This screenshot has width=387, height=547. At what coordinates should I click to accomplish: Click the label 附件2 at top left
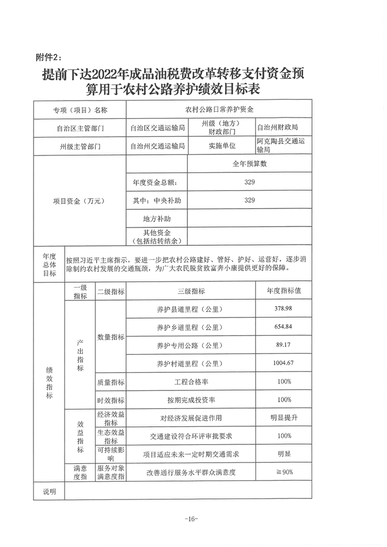point(49,57)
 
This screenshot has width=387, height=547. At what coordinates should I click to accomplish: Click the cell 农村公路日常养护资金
point(218,110)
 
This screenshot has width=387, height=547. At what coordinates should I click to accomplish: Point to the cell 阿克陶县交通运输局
point(283,145)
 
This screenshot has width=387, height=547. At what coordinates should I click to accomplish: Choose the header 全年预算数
point(249,164)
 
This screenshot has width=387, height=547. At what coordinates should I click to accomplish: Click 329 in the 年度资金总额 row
point(249,182)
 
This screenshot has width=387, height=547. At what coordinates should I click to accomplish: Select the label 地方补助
point(157,218)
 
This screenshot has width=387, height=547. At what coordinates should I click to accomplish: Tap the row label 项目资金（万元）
point(80,200)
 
